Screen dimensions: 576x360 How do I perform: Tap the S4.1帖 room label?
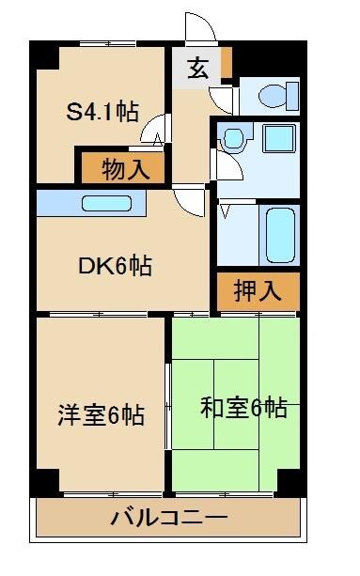[x=102, y=112]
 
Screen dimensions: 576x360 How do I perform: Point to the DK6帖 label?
[x=115, y=266]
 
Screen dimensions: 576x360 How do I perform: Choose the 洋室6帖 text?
[x=101, y=414]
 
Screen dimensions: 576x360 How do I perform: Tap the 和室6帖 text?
[x=243, y=408]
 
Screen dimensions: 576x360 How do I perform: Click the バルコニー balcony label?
[x=169, y=517]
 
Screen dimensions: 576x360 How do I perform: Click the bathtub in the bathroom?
[x=280, y=234]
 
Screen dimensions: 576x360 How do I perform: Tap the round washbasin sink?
[x=232, y=140]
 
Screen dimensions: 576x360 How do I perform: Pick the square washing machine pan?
[x=279, y=139]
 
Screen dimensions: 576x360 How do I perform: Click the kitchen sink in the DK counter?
[x=110, y=202]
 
